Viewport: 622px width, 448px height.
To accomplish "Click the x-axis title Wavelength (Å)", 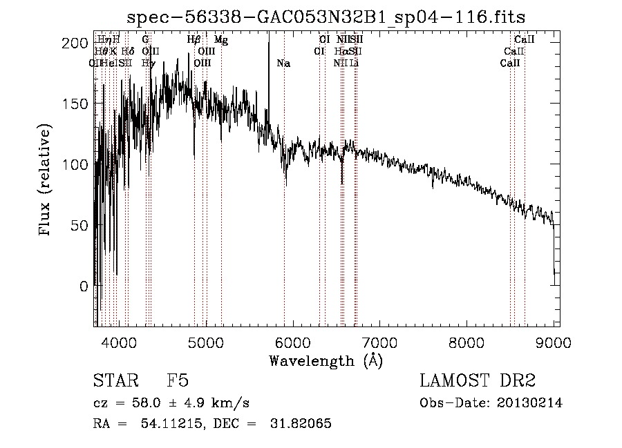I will coord(326,361).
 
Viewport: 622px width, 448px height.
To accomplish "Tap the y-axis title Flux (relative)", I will coord(46,182).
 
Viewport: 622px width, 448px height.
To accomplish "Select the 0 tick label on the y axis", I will coord(84,286).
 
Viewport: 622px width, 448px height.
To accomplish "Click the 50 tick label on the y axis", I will coord(79,225).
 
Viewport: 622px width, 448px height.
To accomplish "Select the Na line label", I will coord(283,64).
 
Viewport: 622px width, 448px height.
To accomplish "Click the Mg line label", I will coord(221,40).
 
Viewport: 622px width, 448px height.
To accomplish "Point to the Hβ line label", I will coord(194,40).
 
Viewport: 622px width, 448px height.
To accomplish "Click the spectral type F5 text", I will coord(178,381).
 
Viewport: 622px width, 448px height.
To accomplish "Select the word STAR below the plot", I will coord(113,381).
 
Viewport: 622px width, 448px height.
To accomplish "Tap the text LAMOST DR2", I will coord(478,381).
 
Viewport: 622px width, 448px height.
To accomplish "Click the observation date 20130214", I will coord(529,403).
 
